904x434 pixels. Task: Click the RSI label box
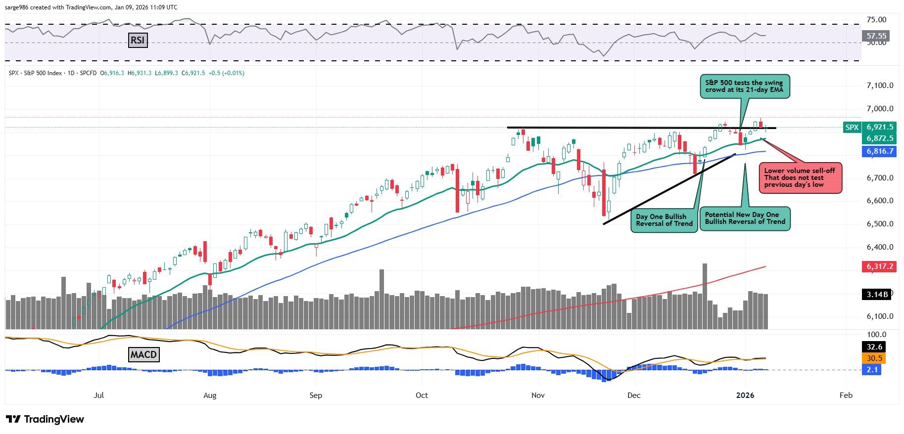[138, 40]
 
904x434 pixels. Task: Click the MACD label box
[143, 354]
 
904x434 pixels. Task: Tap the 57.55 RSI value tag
[876, 36]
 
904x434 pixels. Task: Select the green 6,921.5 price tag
[879, 127]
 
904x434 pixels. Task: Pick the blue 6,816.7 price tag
[879, 151]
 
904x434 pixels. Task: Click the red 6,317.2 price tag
[879, 266]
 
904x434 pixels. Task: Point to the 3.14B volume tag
[876, 295]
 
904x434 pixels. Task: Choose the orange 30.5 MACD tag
[874, 358]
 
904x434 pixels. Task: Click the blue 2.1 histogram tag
[872, 369]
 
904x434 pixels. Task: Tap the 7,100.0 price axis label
[880, 86]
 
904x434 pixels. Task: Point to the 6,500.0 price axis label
[880, 224]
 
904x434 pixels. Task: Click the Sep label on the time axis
[316, 395]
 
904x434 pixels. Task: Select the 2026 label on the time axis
[745, 395]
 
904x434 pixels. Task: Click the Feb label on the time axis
[846, 395]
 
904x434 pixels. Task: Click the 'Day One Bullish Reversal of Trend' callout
[664, 220]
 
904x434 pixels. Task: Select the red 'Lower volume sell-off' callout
[800, 178]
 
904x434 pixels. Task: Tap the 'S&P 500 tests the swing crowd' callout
[744, 87]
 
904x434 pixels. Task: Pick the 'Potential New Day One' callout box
[745, 218]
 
